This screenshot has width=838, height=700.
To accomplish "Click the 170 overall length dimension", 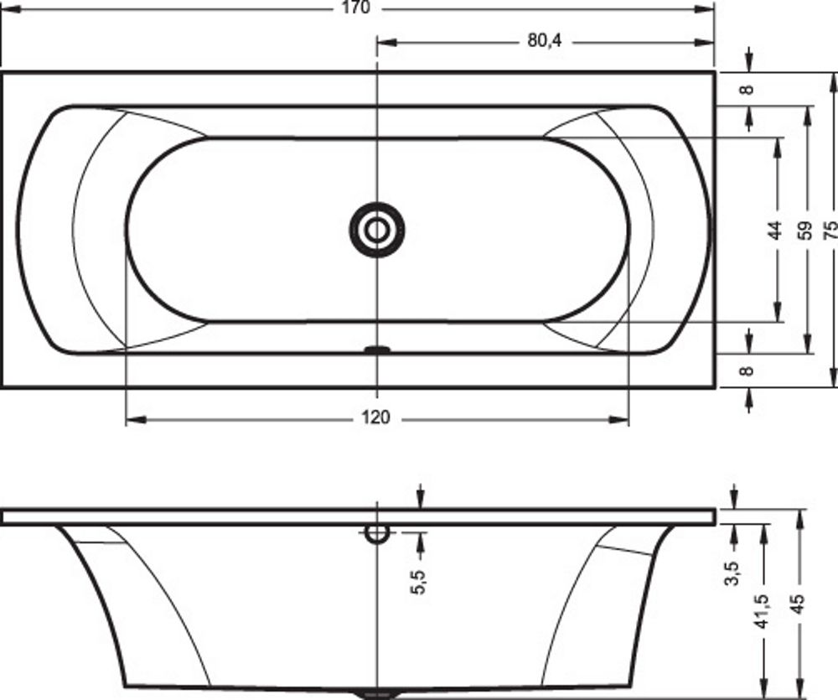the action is point(356,8).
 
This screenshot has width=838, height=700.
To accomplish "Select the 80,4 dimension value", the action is point(545,40).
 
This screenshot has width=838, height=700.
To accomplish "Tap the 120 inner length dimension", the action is point(375,417).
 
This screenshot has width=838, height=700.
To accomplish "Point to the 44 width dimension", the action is point(775,230).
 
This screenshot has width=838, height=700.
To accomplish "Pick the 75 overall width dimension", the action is point(831,230).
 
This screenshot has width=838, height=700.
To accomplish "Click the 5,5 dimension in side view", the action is point(418,581).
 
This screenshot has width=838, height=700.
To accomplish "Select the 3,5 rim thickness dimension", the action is point(732,572).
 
